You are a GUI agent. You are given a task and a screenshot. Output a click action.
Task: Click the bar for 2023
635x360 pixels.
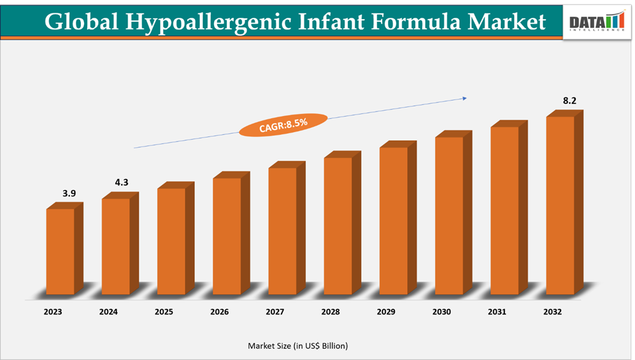pyautogui.click(x=61, y=252)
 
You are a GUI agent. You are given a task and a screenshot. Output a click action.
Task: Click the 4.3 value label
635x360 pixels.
pyautogui.click(x=122, y=183)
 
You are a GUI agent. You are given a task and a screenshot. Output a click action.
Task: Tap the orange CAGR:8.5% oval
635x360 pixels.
pyautogui.click(x=283, y=124)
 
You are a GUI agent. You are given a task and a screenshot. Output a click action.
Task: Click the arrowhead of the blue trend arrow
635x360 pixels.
pyautogui.click(x=464, y=98)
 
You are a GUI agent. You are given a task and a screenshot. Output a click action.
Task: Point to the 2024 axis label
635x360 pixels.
pyautogui.click(x=108, y=312)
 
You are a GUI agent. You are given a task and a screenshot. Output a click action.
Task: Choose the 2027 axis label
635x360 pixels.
pyautogui.click(x=275, y=312)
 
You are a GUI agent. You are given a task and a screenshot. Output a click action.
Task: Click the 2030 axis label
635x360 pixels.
pyautogui.click(x=441, y=312)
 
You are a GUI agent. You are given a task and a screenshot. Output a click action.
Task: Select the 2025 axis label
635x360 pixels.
pyautogui.click(x=164, y=312)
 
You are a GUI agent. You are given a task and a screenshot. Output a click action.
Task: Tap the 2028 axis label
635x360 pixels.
pyautogui.click(x=331, y=312)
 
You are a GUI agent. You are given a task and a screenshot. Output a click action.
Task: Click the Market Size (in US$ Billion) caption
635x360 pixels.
pyautogui.click(x=298, y=345)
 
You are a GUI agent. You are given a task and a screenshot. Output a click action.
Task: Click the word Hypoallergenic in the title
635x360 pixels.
pyautogui.click(x=203, y=22)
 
